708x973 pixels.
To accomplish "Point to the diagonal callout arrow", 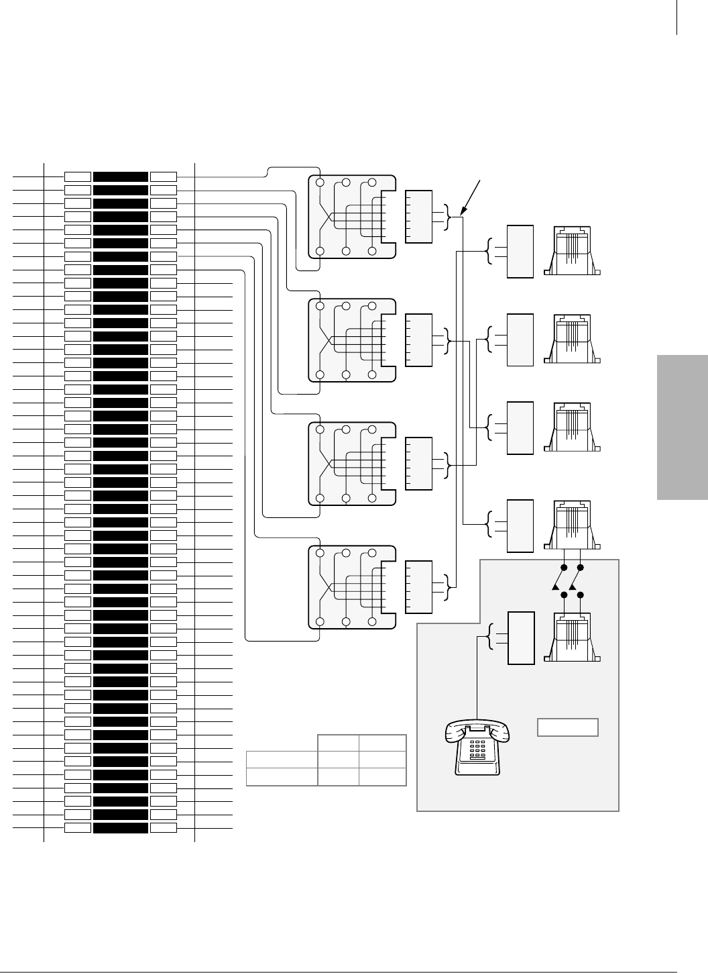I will [472, 196].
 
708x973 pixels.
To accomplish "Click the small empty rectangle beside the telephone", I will [568, 727].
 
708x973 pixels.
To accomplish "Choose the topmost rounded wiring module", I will [352, 217].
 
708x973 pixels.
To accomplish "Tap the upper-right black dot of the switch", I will [581, 568].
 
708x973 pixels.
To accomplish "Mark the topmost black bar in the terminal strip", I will [121, 176].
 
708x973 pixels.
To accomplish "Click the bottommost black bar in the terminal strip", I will [121, 828].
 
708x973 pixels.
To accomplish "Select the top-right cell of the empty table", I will [382, 743].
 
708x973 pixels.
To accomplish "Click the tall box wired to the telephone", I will [521, 638].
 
